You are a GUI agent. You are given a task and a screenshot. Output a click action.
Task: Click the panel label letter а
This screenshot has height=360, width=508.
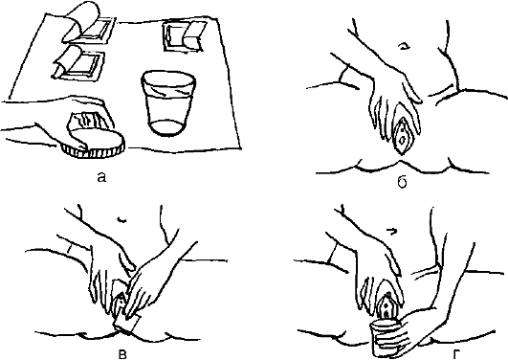pos(101,177)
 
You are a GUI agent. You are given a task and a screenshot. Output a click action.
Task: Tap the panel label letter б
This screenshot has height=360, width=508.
pos(402,183)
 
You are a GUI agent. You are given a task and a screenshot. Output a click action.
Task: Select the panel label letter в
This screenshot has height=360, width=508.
pos(122,355)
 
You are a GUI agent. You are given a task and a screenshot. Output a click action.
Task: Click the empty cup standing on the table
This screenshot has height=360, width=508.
pos(168,103)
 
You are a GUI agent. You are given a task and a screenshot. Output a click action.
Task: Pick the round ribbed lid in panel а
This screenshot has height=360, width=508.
pos(94,144)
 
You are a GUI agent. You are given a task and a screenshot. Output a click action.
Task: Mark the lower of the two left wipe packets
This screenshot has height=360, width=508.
pos(79,63)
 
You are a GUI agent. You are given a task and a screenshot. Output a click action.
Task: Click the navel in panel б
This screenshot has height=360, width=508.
pos(404,46)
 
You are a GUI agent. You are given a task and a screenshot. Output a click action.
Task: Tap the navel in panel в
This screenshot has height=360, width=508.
pos(121,220)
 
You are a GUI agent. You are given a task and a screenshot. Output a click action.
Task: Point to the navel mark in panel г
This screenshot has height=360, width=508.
pos(392,232)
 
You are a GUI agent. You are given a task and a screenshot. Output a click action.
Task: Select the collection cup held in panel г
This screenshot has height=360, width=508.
pos(387,338)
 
